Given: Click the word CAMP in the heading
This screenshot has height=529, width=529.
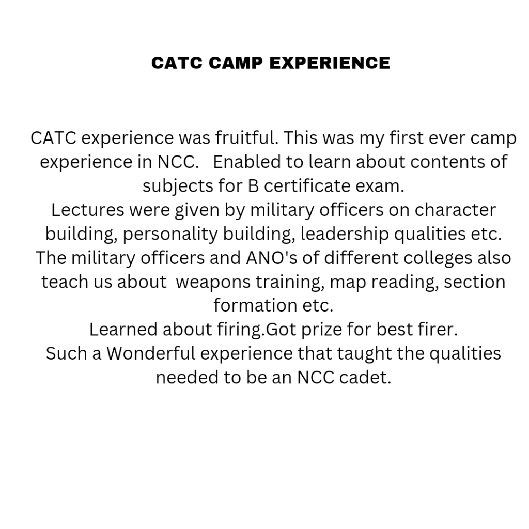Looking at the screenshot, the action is (236, 63).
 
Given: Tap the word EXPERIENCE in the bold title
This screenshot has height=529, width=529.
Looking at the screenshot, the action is (330, 63).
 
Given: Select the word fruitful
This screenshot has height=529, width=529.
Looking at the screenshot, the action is (247, 137).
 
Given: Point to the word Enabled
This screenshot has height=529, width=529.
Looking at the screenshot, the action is (246, 162).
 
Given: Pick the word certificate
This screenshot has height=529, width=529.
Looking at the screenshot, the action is (307, 185).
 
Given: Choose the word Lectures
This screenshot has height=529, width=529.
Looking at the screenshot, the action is (87, 210).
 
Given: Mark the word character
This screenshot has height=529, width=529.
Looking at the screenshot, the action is (455, 210).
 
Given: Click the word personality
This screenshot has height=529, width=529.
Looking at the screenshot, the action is (170, 234).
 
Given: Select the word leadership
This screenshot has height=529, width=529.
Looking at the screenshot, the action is (345, 234).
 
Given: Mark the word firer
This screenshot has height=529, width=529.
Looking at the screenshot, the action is (438, 329).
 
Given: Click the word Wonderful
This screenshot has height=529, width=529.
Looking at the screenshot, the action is (151, 353).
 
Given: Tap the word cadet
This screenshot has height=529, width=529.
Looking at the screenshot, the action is (365, 377).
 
